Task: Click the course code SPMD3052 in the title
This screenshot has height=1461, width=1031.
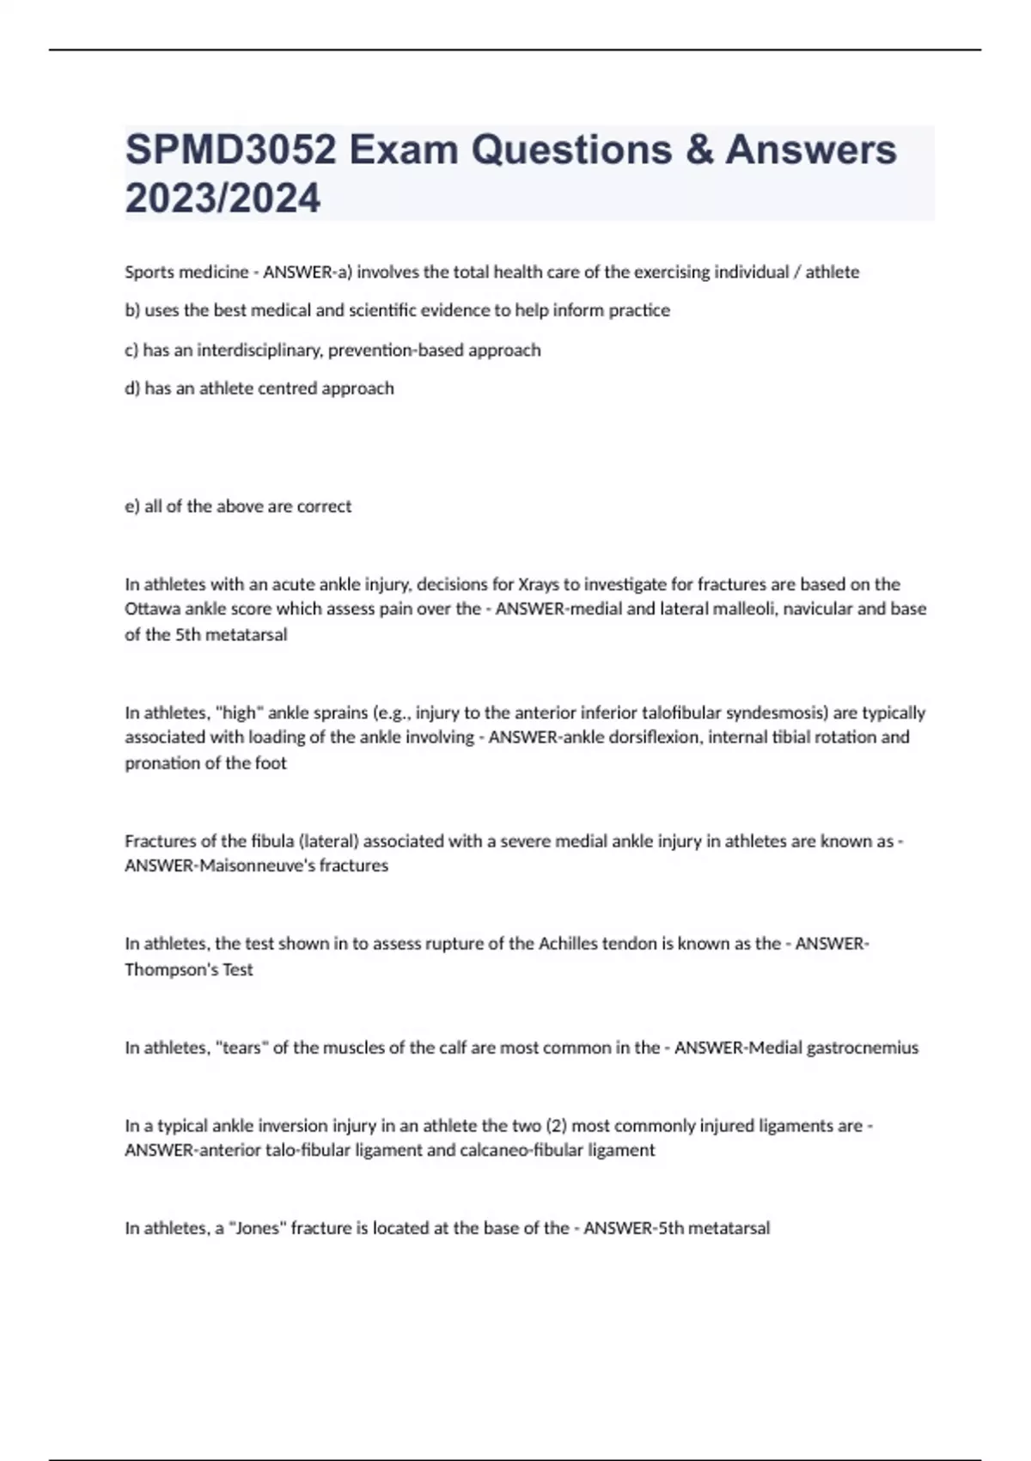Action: (x=230, y=150)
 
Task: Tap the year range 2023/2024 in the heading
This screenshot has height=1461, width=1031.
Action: (x=223, y=199)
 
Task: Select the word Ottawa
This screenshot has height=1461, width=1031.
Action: (x=149, y=609)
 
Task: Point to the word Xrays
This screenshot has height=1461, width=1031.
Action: (x=538, y=584)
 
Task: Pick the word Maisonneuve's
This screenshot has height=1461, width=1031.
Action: (x=256, y=865)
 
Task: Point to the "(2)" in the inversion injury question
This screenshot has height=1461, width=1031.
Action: (x=556, y=1126)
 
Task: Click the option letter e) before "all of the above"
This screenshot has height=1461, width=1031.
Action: (x=132, y=506)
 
